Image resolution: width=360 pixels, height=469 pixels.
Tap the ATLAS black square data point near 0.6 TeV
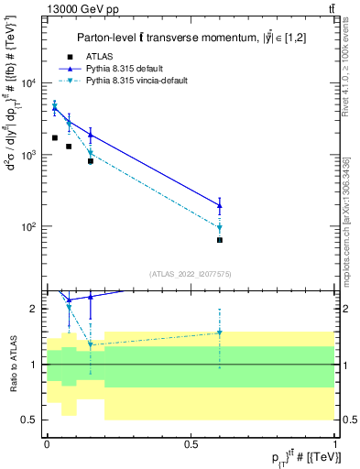pyautogui.click(x=220, y=240)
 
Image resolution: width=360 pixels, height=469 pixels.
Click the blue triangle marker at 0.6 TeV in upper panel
pyautogui.click(x=220, y=205)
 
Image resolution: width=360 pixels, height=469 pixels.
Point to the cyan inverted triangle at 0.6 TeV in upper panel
pyautogui.click(x=220, y=228)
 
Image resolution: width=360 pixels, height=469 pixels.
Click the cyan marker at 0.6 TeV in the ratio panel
pyautogui.click(x=220, y=333)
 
